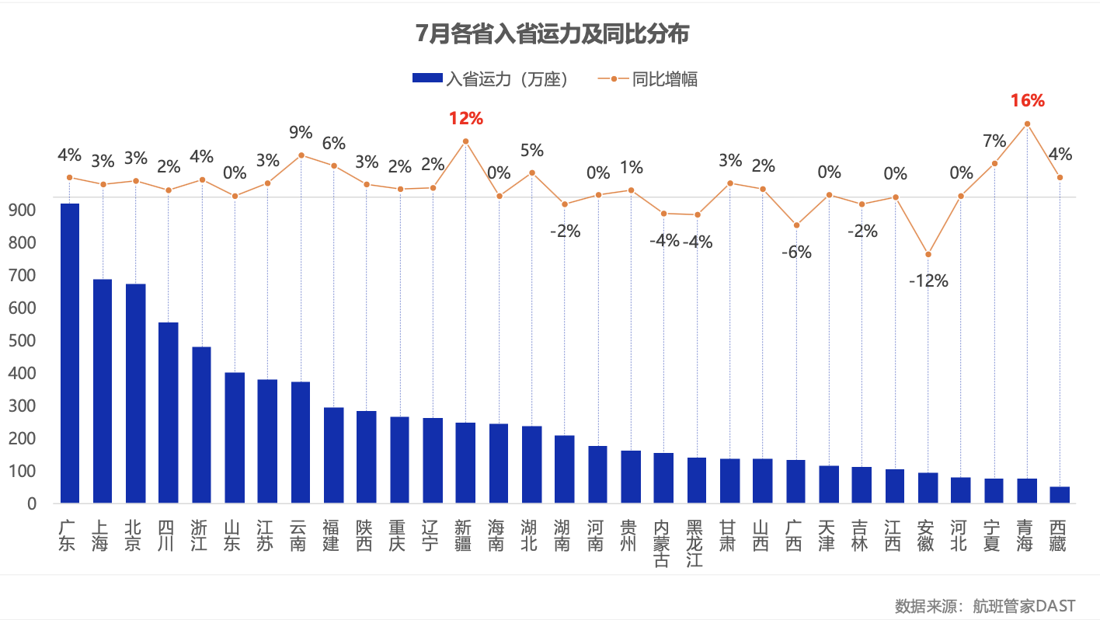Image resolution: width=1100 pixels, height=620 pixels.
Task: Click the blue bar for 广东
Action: coord(70,353)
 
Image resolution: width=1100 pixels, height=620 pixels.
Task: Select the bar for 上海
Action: coord(103,391)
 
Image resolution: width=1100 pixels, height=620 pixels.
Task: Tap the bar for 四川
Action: coord(169,413)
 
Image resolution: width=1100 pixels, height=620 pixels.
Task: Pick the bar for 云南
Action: coord(301,442)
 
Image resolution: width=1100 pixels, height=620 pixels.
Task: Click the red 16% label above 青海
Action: coord(1027,100)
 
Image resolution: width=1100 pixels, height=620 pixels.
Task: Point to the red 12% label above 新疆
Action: coord(465,119)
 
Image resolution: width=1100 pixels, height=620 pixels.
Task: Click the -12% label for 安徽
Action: coord(928,280)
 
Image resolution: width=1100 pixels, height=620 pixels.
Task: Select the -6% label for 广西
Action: coord(796,252)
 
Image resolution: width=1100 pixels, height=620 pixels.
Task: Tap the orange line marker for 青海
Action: coord(1027,124)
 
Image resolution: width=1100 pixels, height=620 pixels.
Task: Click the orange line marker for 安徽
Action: coord(928,254)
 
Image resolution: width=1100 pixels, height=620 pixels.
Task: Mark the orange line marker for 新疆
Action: coord(465,141)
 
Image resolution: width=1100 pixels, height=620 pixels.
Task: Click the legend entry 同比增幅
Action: coord(649,78)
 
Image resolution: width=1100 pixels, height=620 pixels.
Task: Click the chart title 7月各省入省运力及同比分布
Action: coord(552,35)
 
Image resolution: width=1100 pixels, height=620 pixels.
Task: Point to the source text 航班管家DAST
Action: coord(1025,605)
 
